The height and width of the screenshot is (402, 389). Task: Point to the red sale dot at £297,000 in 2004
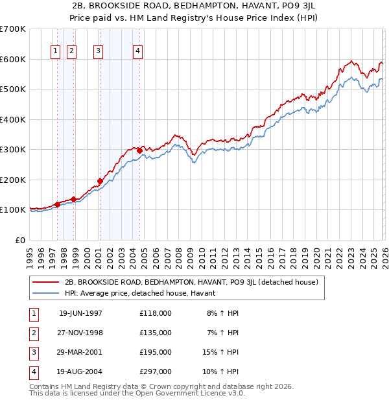tap(139, 150)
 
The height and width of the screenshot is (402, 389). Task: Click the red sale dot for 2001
tap(100, 181)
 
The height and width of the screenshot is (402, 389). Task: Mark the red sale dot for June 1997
tap(57, 204)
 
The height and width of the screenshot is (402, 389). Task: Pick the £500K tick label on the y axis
tap(12, 89)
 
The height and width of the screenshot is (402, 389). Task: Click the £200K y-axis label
tap(12, 180)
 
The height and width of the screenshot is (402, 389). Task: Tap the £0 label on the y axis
tap(19, 240)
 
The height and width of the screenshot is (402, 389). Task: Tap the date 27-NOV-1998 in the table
tap(80, 333)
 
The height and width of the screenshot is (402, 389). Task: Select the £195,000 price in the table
tap(155, 352)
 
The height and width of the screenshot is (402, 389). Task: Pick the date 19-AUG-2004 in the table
tap(80, 372)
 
